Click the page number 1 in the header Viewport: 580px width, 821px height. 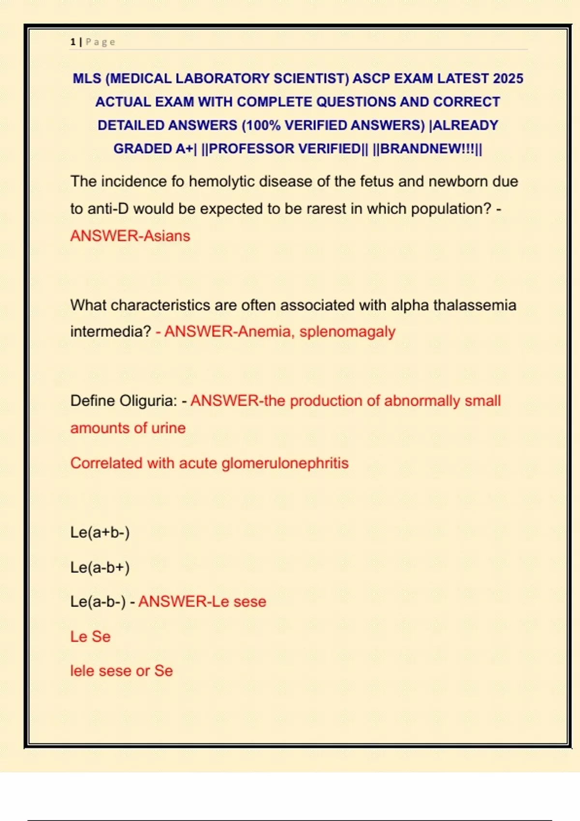click(72, 42)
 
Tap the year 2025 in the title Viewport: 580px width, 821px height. click(507, 79)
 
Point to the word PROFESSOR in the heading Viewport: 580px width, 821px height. click(285, 149)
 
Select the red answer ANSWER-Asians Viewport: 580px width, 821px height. click(130, 236)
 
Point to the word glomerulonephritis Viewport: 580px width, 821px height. click(285, 463)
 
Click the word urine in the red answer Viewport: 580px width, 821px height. click(168, 428)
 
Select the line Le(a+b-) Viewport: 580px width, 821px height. click(100, 532)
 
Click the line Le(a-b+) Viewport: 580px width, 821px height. click(100, 567)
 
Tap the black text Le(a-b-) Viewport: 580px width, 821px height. click(98, 602)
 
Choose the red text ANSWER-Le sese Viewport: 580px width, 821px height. click(202, 602)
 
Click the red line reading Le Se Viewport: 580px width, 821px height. click(90, 637)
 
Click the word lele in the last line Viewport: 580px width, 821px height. click(82, 671)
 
